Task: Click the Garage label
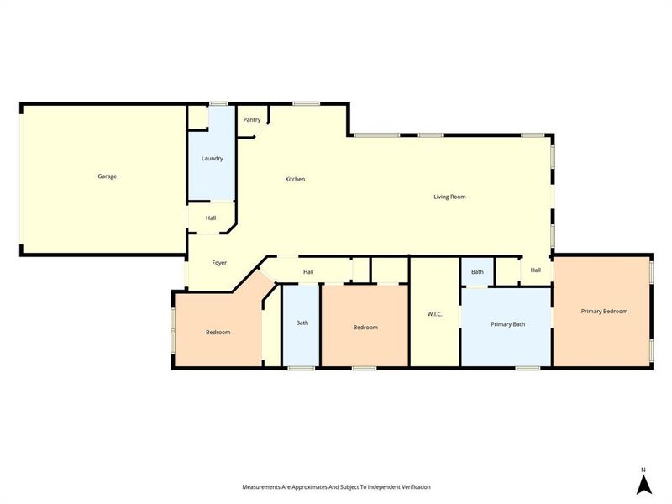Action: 107,176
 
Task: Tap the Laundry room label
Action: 212,158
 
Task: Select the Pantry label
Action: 252,120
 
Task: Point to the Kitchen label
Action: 295,179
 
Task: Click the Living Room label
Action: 449,197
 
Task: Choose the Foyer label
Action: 219,263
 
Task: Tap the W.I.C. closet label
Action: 434,314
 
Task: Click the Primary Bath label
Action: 508,323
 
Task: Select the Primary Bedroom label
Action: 604,311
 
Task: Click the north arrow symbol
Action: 643,484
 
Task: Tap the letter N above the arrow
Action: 643,470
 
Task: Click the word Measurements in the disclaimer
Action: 264,487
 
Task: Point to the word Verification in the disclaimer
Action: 412,487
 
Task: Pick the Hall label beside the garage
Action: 211,218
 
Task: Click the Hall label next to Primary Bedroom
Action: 535,270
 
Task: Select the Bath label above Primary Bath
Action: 477,272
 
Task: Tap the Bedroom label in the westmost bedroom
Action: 218,333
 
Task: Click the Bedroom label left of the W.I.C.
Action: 365,328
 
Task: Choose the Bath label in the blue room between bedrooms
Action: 302,323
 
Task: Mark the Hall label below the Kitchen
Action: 308,271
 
